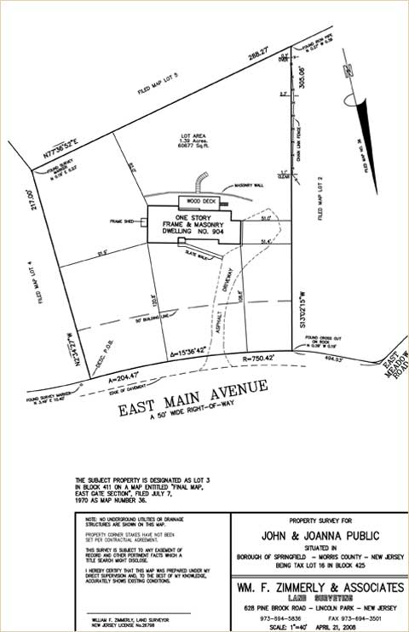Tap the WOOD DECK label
click(x=191, y=201)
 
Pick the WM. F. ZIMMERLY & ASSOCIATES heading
click(x=320, y=588)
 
